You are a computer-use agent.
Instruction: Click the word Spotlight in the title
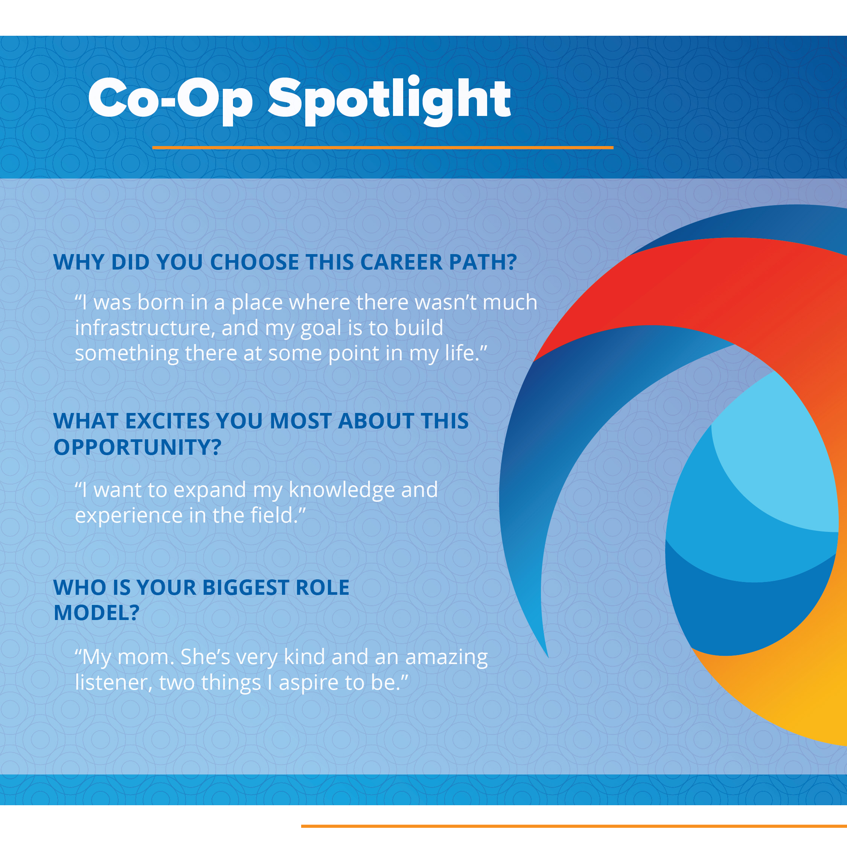pyautogui.click(x=389, y=101)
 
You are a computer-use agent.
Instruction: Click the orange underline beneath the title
pyautogui.click(x=383, y=148)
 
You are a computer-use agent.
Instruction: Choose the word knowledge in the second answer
pyautogui.click(x=341, y=490)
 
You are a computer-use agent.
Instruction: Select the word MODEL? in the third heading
pyautogui.click(x=96, y=613)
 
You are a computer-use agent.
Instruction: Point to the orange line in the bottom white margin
pyautogui.click(x=574, y=826)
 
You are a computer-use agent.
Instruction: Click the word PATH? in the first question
pyautogui.click(x=483, y=262)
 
